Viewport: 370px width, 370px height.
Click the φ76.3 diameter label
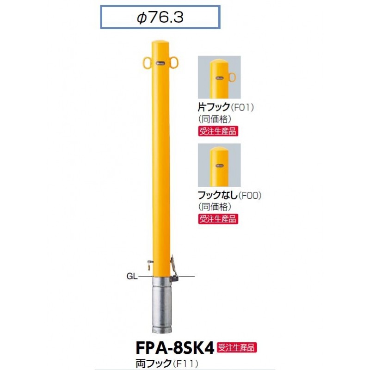coord(160,17)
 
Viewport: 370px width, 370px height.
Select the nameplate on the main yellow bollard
coord(160,63)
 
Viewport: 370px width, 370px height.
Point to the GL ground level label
coord(132,276)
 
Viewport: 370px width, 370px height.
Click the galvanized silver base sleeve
coord(161,305)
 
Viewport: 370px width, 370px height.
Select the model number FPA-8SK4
coord(175,348)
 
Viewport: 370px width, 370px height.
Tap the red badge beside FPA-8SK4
coord(236,348)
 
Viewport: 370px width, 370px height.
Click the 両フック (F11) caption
coord(166,364)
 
